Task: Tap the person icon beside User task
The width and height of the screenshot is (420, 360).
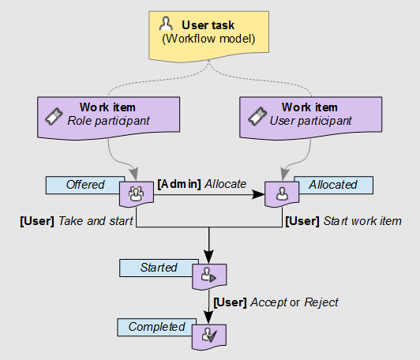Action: point(167,25)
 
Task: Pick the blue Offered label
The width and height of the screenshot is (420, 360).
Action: point(84,185)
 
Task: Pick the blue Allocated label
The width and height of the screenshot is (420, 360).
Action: point(332,185)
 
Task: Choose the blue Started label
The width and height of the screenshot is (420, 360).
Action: point(158,268)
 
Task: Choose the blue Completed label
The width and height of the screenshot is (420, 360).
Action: point(156,327)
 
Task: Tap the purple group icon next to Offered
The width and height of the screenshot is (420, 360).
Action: point(135,193)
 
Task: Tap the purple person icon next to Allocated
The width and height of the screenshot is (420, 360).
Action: point(281,193)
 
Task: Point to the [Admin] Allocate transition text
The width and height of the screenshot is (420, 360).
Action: point(202,183)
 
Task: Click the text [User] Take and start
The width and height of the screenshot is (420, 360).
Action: point(76,220)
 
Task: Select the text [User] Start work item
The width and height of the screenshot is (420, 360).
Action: point(343,220)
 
